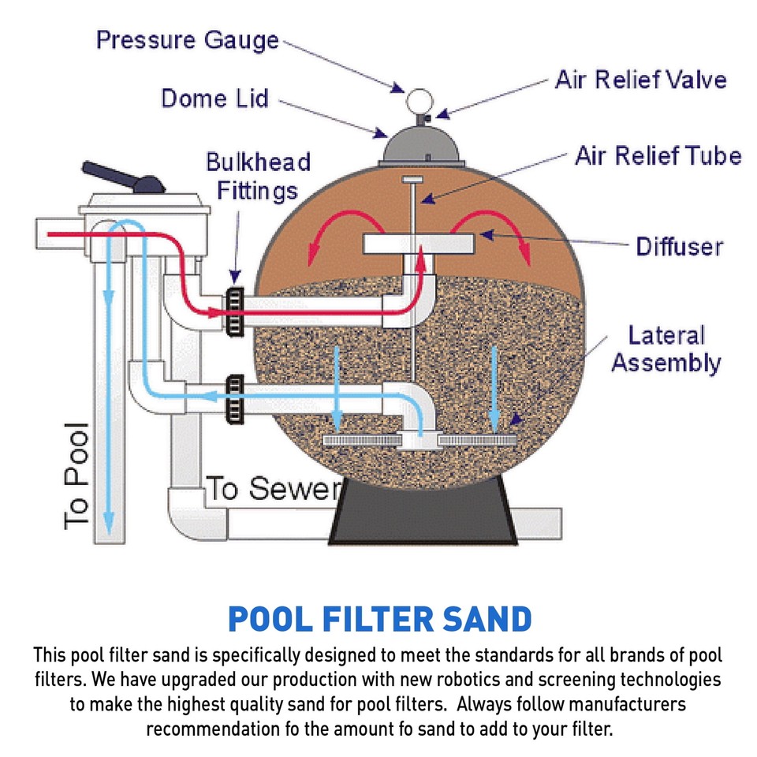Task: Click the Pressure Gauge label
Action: (x=188, y=40)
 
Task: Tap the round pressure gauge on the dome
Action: (x=415, y=102)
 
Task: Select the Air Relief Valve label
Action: (x=640, y=80)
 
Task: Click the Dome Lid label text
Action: (x=214, y=99)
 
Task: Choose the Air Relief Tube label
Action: (x=658, y=155)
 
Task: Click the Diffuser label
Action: (x=679, y=246)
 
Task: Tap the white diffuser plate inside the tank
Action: (x=417, y=244)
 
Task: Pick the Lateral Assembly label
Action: (x=666, y=349)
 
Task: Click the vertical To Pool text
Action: (x=77, y=476)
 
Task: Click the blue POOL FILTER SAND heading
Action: (x=378, y=619)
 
